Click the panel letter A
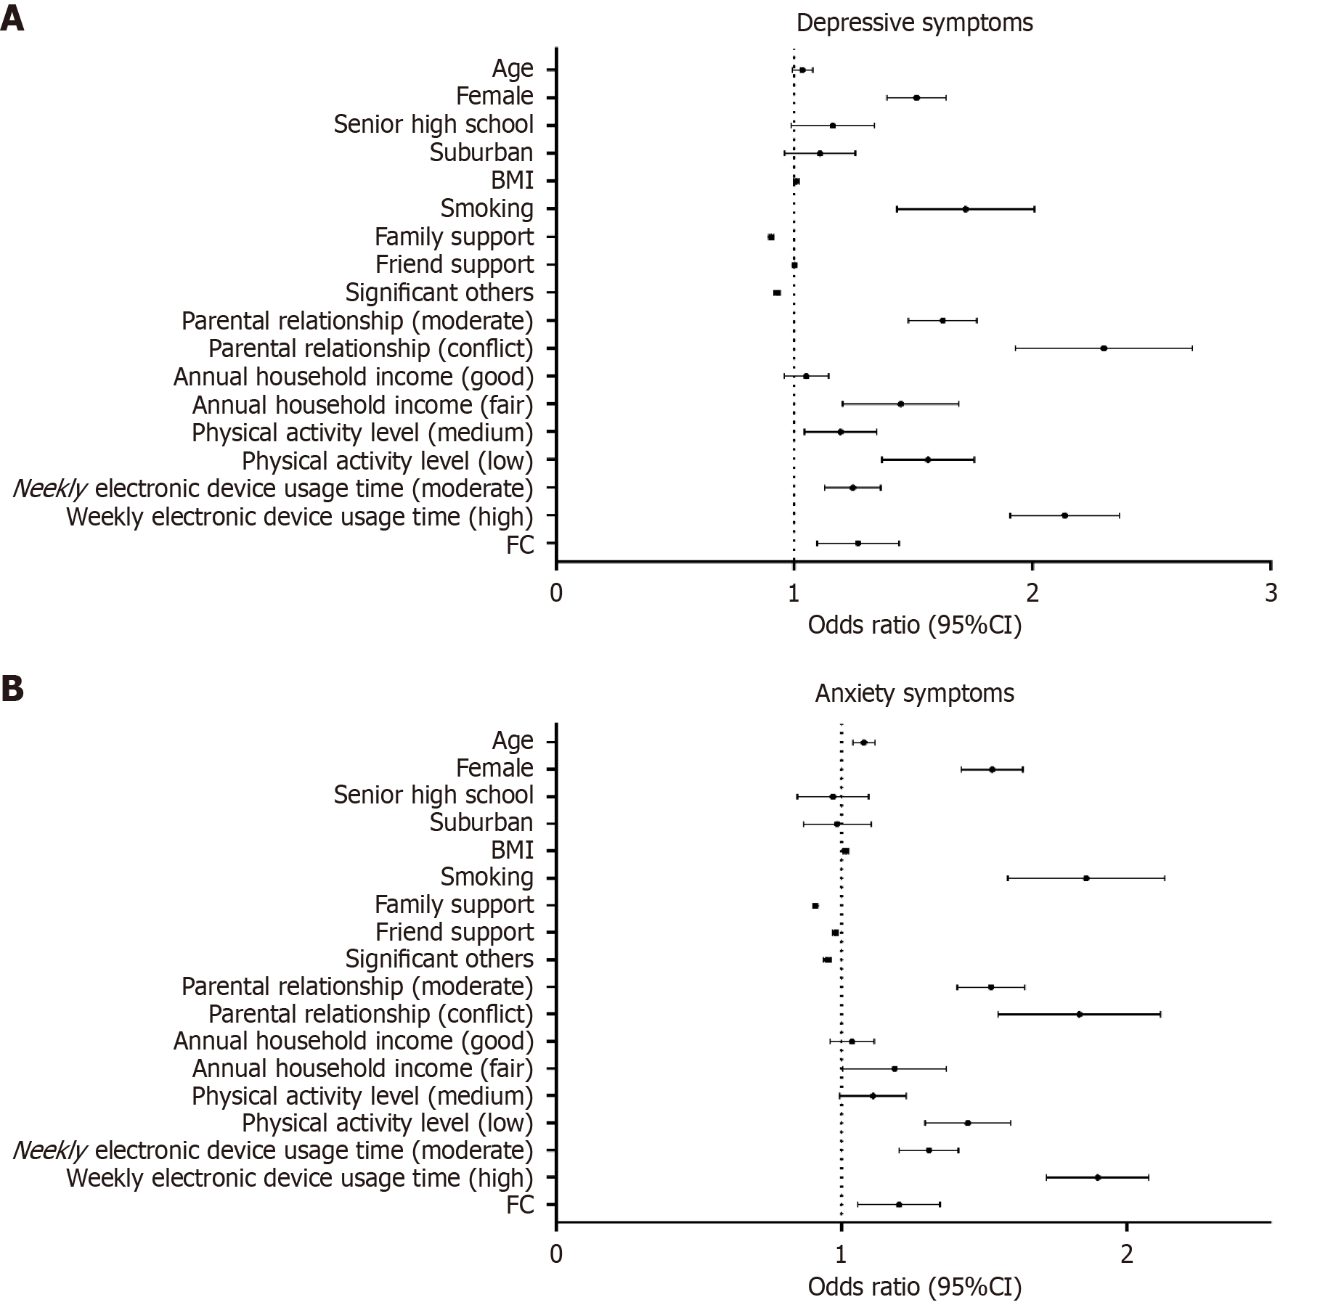point(12,19)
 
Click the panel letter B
point(12,689)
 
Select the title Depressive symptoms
point(914,22)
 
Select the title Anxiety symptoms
point(914,693)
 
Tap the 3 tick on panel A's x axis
point(1270,593)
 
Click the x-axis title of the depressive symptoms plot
point(914,625)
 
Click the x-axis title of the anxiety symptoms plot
point(914,1287)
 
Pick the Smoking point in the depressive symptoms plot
point(966,209)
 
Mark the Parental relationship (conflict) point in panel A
point(1104,348)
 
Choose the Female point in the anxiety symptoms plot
point(992,769)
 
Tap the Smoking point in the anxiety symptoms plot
point(1086,878)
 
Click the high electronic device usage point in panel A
point(1064,515)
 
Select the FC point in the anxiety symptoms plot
point(899,1204)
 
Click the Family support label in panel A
point(454,237)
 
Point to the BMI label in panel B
point(512,850)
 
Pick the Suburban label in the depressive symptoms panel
point(481,152)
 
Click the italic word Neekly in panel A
point(49,488)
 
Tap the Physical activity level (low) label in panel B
point(387,1123)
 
